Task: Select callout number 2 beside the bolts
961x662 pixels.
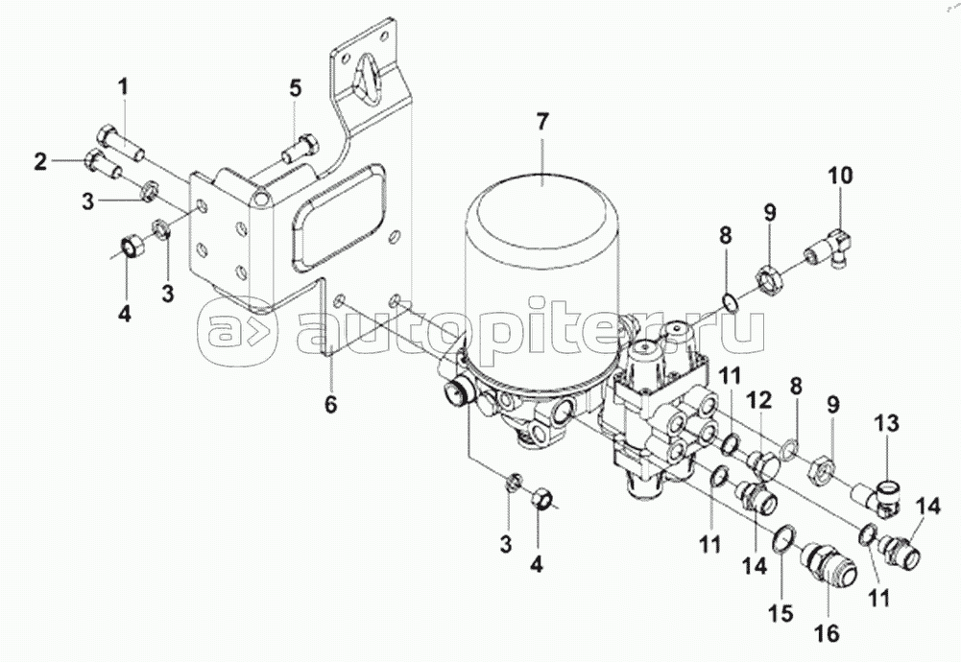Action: [40, 162]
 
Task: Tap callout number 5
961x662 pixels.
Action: [296, 88]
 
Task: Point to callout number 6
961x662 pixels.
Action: [331, 406]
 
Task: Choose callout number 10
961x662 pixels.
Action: [841, 177]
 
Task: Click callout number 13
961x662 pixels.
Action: [887, 423]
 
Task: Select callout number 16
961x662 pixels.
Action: [828, 634]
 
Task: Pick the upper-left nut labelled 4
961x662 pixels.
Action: [131, 246]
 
